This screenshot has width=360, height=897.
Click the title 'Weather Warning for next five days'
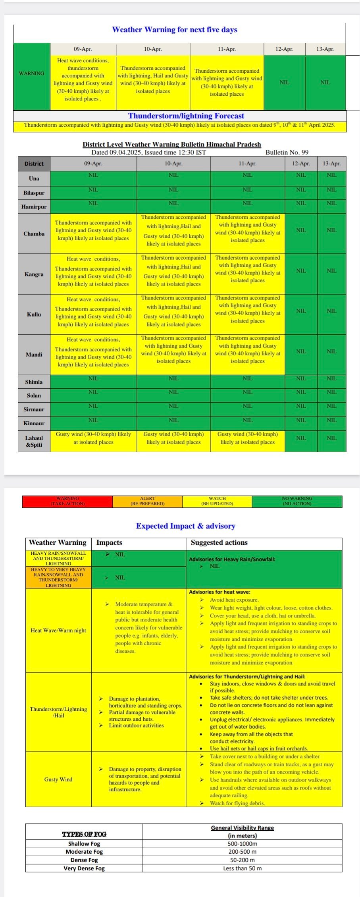175,30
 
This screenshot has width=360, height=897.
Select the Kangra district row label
34,274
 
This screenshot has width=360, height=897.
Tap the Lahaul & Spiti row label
34,441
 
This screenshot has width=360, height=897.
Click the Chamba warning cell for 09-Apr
93,231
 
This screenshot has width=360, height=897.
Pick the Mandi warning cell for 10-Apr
173,349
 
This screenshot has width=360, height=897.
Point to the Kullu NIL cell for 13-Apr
331,311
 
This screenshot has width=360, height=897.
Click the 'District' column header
34,164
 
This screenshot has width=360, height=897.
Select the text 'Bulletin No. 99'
287,152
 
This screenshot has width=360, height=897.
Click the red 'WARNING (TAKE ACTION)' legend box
67,501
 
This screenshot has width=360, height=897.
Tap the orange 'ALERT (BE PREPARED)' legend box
147,501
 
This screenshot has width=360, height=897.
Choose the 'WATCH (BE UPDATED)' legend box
217,501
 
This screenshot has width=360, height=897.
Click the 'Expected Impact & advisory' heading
185,526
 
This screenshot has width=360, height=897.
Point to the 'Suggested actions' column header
219,543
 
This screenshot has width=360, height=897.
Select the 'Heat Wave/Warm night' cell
58,631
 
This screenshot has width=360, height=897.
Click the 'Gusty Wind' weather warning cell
58,779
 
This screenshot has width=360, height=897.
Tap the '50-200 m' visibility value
242,860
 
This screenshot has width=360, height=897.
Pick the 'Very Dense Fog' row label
84,868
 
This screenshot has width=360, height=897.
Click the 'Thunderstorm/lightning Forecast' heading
186,116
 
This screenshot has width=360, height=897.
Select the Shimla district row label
34,382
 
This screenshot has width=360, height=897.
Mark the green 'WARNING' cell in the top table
32,74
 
